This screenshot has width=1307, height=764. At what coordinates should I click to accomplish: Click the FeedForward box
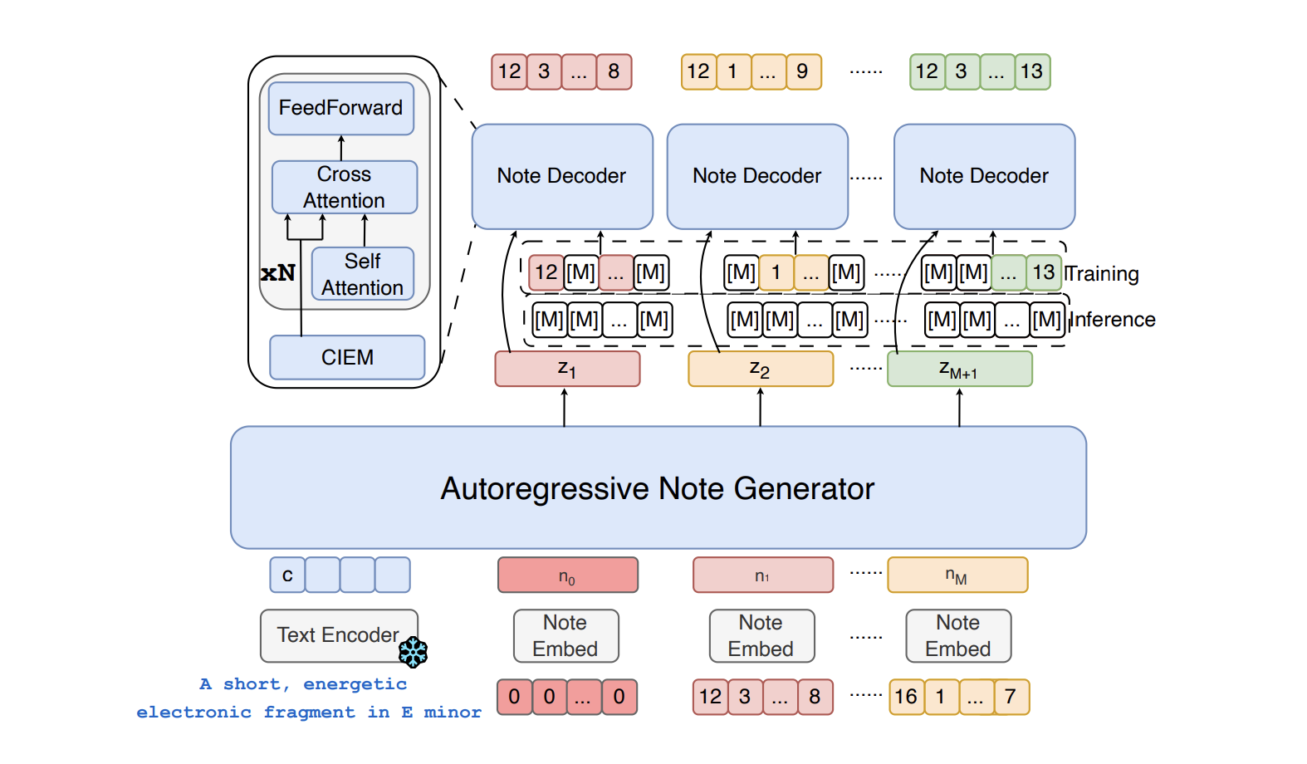(340, 108)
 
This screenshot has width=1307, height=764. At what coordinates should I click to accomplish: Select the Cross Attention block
(344, 187)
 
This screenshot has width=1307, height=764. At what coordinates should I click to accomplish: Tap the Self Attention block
(362, 273)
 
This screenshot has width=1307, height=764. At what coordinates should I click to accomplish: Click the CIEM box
(347, 357)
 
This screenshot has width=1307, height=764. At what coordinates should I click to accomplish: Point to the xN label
(277, 273)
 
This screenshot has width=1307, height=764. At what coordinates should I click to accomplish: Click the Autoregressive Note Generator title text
(657, 488)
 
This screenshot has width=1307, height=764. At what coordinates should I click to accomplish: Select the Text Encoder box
(337, 635)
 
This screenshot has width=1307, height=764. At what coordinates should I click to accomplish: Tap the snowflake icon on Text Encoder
(413, 652)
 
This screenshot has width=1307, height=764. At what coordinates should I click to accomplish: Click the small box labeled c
(287, 575)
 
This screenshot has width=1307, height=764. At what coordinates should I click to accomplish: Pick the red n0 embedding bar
(567, 575)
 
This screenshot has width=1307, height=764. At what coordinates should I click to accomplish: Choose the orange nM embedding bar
(957, 575)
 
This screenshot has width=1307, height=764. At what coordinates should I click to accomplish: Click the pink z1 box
(567, 369)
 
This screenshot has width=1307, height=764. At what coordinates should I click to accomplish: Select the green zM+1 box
(959, 369)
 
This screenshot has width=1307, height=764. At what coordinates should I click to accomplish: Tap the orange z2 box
(760, 369)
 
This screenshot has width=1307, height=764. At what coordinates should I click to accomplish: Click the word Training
(1103, 274)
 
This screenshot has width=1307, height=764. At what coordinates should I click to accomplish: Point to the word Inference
(1114, 320)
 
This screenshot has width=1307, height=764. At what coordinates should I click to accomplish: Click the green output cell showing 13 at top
(1032, 71)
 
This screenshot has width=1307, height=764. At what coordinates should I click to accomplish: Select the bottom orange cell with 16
(906, 697)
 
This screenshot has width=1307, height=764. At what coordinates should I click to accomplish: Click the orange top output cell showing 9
(803, 71)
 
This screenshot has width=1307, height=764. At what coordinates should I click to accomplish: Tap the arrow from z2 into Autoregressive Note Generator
(760, 407)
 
